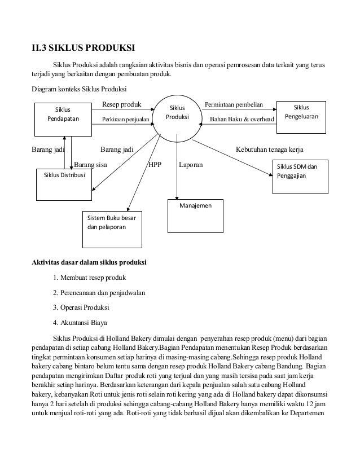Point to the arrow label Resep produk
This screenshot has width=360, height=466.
(121, 104)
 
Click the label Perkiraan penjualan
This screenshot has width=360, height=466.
(125, 120)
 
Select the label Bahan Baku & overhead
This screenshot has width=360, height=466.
(242, 120)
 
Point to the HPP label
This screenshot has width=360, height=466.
(154, 165)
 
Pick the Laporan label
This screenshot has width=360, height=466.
(191, 165)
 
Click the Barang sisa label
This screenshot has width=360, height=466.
(90, 165)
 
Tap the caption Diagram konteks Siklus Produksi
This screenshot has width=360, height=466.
(79, 90)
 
